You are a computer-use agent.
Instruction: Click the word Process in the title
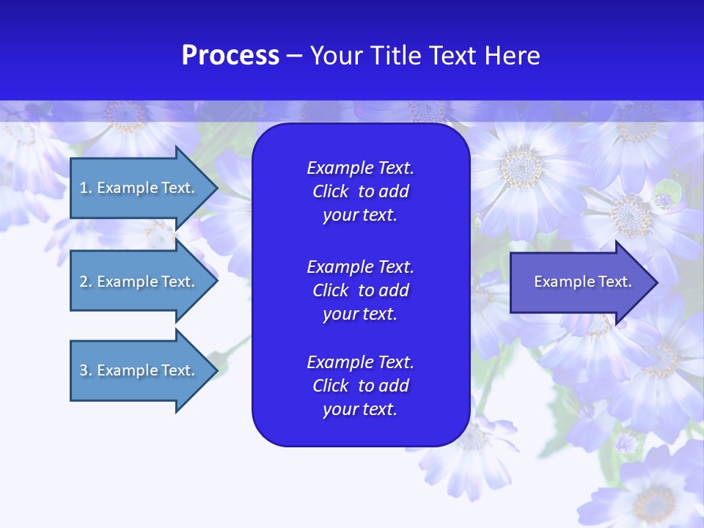[230, 56]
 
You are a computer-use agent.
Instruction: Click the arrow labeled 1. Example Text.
[137, 188]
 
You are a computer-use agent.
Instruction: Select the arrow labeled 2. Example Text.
[137, 282]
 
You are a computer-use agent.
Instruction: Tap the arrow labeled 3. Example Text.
[137, 370]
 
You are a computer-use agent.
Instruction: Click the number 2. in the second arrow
[86, 282]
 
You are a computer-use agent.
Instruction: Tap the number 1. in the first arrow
[86, 188]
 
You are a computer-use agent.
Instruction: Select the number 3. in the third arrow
[86, 370]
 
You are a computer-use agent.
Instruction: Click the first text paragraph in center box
[360, 191]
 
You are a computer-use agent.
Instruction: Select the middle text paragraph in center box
[360, 290]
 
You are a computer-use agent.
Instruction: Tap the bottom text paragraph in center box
[360, 386]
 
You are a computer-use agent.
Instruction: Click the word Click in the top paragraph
[330, 191]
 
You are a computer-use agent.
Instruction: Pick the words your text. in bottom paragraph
[360, 409]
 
